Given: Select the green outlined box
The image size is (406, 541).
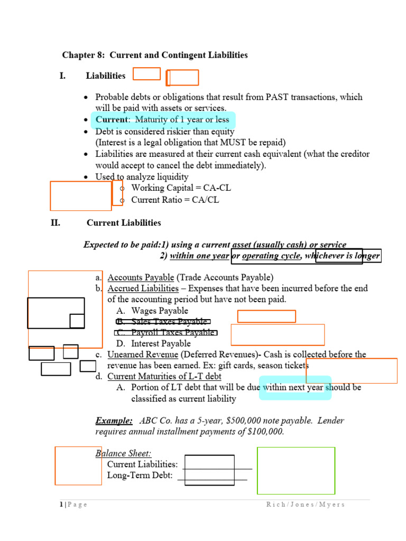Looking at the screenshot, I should pos(296,470).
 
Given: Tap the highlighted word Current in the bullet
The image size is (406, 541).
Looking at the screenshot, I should pos(112,120).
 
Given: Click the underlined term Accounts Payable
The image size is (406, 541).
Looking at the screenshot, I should pos(141,277).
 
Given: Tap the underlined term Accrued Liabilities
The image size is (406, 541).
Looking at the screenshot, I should pos(143,288).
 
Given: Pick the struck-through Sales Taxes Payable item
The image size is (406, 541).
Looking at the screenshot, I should pos(162,322).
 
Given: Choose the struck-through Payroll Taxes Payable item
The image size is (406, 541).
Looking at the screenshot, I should pos(165,333).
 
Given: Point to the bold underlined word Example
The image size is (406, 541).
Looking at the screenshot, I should pos(114,421).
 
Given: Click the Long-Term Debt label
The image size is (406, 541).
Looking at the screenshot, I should pos(140,475).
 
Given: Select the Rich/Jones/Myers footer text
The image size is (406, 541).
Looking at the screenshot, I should pos(305,505).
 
